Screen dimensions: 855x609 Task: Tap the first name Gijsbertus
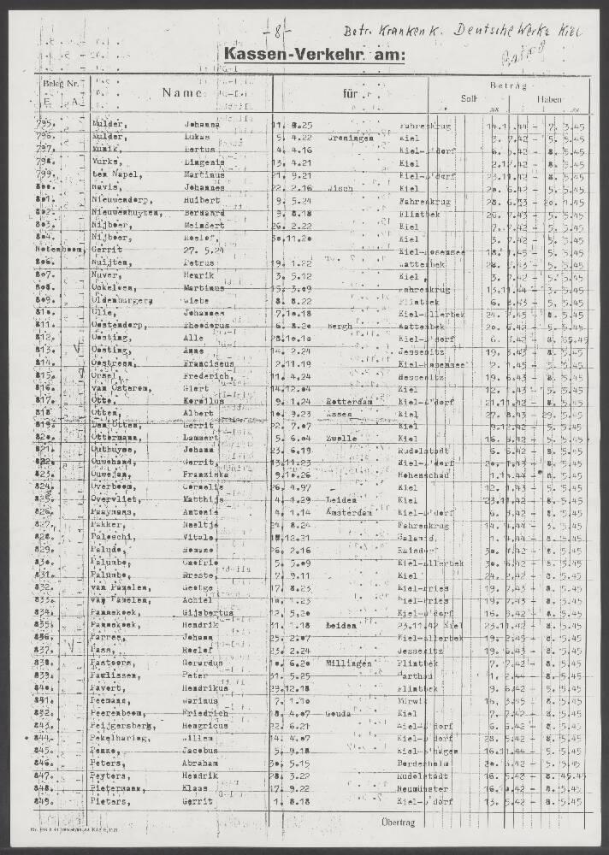(210, 613)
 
